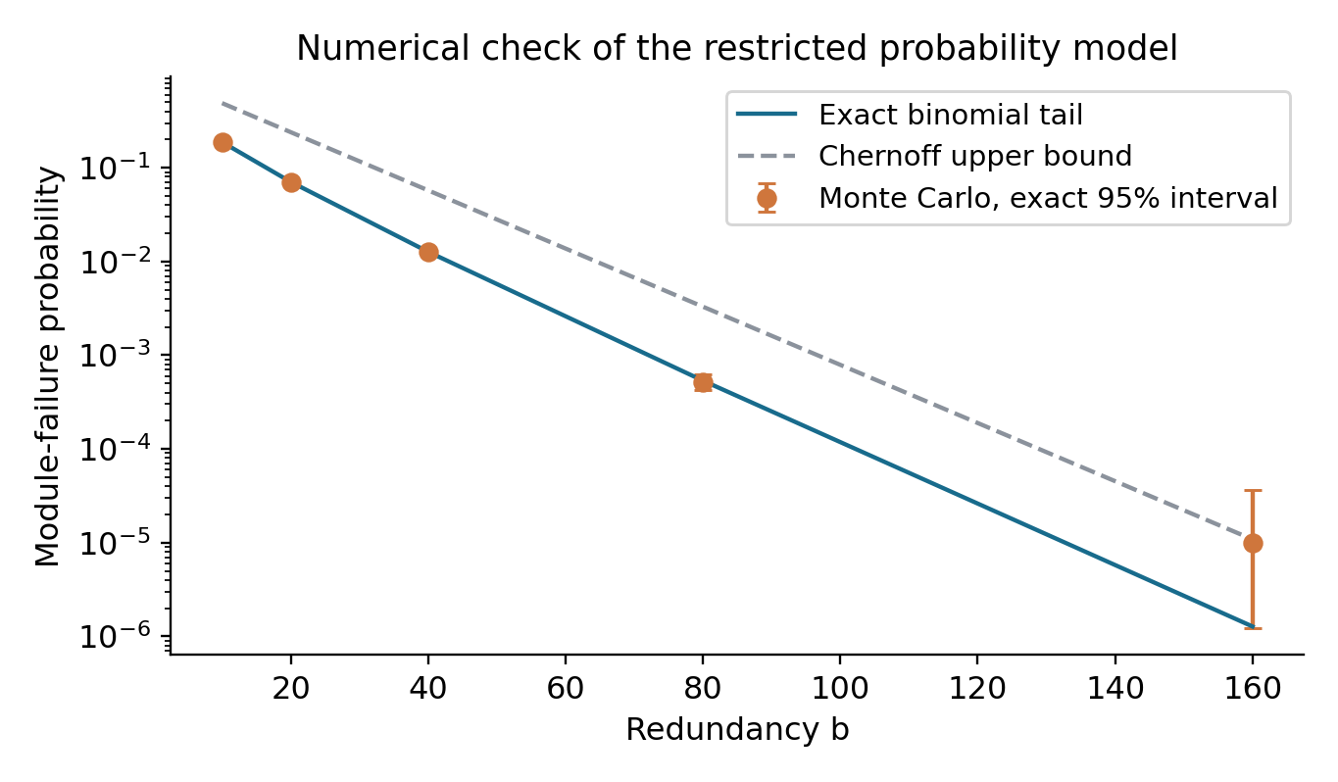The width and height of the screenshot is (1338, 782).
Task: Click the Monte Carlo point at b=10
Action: click(x=223, y=143)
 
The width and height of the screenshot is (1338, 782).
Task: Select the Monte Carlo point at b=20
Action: click(x=291, y=182)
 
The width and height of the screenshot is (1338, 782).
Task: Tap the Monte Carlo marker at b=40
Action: click(x=428, y=253)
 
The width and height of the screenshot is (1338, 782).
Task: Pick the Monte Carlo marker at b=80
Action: click(x=703, y=382)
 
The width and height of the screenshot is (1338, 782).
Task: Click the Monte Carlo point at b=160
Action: click(x=1253, y=543)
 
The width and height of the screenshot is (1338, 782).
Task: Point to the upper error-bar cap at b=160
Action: click(x=1253, y=491)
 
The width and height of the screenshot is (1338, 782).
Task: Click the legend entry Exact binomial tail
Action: click(x=951, y=115)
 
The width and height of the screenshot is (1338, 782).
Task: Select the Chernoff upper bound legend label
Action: click(x=975, y=157)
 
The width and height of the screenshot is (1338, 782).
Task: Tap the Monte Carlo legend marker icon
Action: click(x=767, y=198)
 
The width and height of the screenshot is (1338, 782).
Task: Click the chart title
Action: click(x=737, y=48)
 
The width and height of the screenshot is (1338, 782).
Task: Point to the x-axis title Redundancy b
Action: click(x=737, y=729)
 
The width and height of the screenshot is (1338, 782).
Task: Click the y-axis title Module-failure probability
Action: click(x=48, y=366)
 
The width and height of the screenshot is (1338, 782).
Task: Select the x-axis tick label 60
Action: click(x=565, y=688)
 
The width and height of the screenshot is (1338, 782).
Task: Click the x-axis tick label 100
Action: click(x=840, y=688)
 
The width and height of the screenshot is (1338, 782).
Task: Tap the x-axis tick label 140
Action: click(x=1115, y=688)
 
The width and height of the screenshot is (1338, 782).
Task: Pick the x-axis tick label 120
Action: click(x=977, y=688)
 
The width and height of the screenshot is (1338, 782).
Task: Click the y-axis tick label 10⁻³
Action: click(x=116, y=356)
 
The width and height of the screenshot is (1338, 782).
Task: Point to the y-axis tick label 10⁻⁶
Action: click(x=116, y=636)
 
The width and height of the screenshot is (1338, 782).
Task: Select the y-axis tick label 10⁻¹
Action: click(x=116, y=169)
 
